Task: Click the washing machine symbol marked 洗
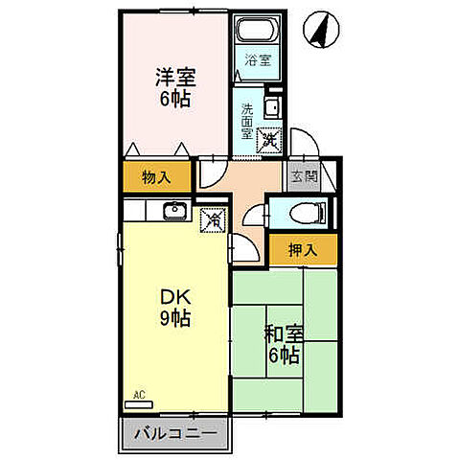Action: pos(271,140)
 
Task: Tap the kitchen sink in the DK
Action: pos(174,211)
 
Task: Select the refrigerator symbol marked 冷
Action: pos(214,221)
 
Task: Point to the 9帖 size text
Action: pos(173,319)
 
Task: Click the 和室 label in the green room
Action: pos(284,335)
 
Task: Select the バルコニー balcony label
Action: pos(173,433)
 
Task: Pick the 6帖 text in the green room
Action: pos(285,356)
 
